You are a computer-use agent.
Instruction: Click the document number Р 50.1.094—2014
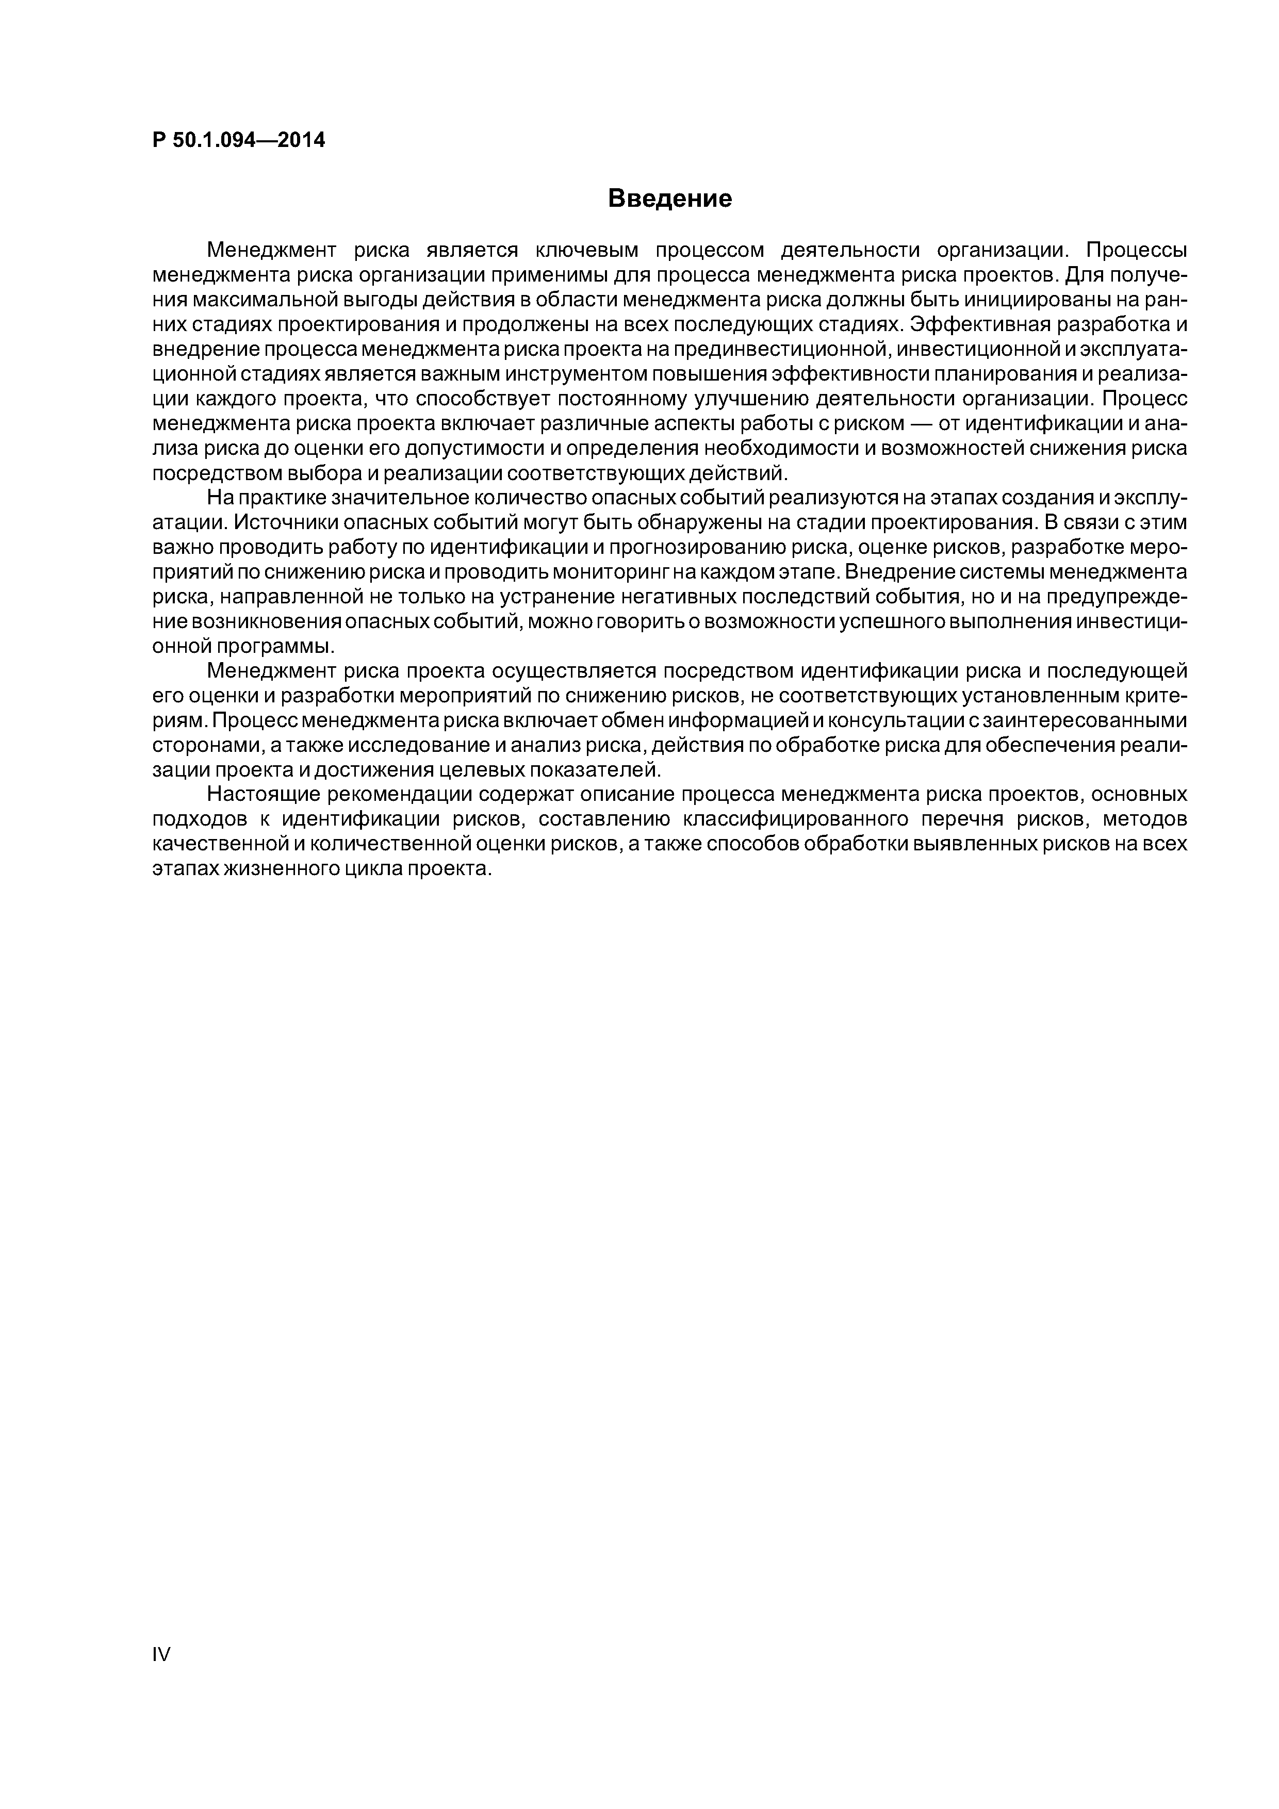[238, 140]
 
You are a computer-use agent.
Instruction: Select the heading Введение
[670, 199]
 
